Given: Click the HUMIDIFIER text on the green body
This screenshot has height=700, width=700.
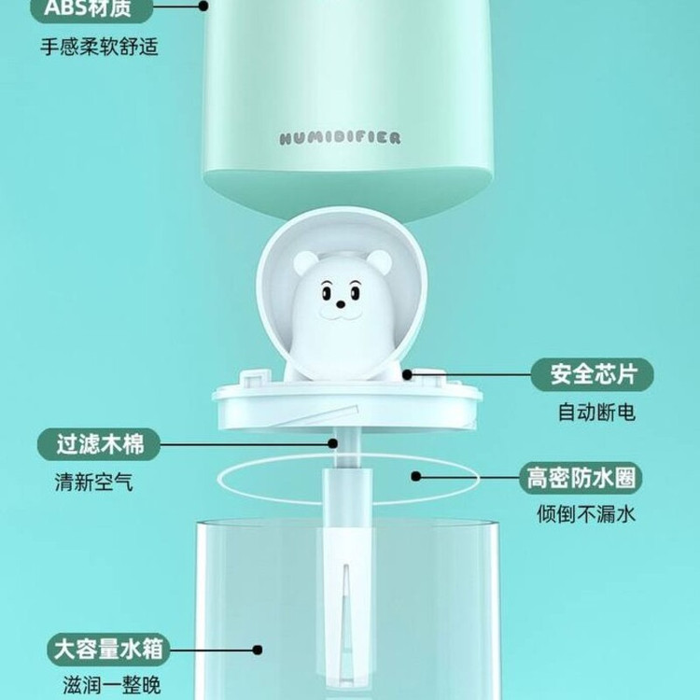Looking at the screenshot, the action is click(x=340, y=138).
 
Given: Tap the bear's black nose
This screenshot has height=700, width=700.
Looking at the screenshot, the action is click(x=341, y=304).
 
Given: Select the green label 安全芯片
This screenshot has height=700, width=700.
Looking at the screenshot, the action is click(x=592, y=374).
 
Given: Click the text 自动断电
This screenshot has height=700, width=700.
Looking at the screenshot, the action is click(x=596, y=412).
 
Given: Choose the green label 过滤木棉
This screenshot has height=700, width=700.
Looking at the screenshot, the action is click(x=99, y=444).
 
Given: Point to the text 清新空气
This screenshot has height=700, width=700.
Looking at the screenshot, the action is click(x=93, y=483).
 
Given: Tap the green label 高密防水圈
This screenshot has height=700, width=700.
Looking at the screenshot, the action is click(x=581, y=478).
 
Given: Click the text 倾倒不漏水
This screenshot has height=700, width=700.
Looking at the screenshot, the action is click(x=586, y=514).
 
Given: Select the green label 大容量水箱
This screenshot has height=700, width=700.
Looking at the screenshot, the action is click(x=108, y=649).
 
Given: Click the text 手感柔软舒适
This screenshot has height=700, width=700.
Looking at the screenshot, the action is click(x=99, y=47).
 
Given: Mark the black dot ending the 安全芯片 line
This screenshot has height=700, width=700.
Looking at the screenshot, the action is click(x=407, y=374).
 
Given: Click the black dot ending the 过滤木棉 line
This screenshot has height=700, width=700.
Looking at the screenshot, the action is click(x=332, y=443).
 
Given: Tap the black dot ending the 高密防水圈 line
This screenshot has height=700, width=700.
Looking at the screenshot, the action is click(x=416, y=476).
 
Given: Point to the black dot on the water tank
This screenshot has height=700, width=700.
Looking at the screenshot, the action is click(x=258, y=650).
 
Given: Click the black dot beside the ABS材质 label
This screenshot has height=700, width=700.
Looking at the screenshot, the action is click(x=203, y=7).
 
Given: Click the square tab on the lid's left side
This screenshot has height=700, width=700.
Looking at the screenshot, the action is click(x=256, y=378).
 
